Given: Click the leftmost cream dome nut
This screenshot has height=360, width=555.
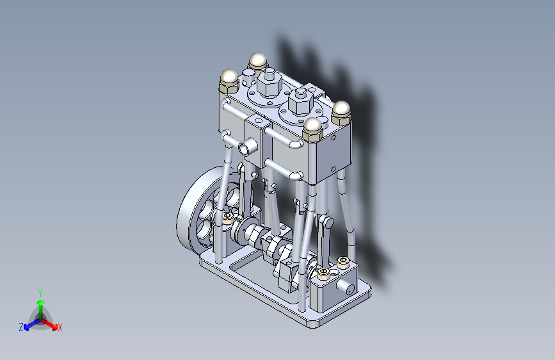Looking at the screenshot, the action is coord(229,81).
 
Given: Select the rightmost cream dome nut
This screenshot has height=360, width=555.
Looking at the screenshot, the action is coord(341,112).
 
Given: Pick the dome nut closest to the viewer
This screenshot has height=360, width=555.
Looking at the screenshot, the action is coord(312,129).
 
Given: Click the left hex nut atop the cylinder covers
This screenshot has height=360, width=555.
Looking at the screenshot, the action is coord(269,84).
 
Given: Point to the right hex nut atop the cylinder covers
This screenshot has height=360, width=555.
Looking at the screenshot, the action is coord(301,102).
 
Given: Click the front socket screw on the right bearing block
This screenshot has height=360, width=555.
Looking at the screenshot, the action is coord(323,273).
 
